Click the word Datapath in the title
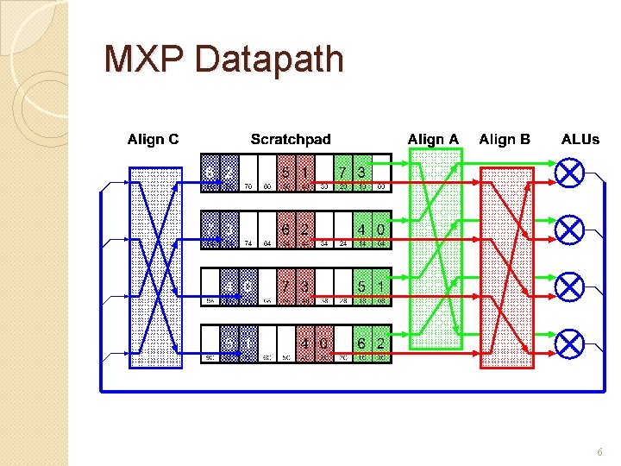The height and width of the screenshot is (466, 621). [270, 60]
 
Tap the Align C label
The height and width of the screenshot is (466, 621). [154, 139]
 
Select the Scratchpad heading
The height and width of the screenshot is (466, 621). [291, 139]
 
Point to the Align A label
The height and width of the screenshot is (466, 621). [433, 139]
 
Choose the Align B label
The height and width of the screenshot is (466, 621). [505, 139]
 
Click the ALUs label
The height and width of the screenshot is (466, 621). [580, 139]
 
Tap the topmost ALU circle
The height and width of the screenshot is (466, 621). [569, 173]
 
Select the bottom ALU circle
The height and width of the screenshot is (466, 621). [569, 344]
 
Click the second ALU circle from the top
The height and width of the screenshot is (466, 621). [569, 230]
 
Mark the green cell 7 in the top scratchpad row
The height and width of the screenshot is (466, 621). [343, 173]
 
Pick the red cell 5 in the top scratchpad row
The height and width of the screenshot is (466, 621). [286, 173]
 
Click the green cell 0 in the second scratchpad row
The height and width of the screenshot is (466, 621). [380, 230]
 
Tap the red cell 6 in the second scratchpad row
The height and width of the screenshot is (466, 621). [286, 230]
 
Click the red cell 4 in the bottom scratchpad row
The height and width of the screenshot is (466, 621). [305, 343]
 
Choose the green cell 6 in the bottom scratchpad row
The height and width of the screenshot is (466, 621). [362, 343]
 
